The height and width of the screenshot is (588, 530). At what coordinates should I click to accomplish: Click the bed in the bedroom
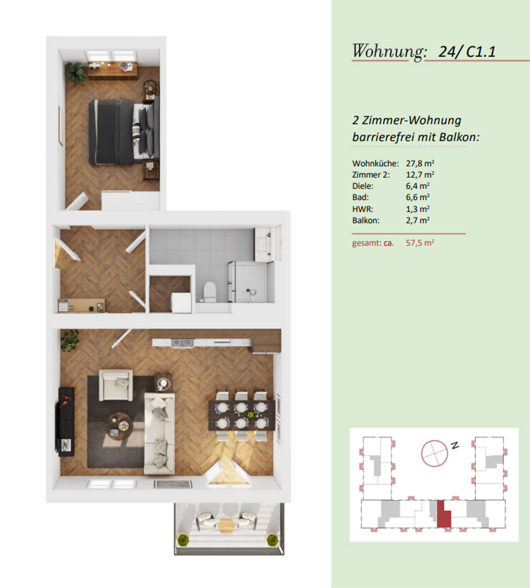pos(124,132)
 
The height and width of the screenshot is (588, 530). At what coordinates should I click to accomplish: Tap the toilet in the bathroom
pos(210,291)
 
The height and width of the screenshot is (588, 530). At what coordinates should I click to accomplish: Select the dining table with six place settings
pos(242,415)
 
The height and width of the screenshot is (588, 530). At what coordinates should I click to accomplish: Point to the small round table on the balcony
pos(227,526)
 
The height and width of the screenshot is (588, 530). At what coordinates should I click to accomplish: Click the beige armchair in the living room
pos(116,385)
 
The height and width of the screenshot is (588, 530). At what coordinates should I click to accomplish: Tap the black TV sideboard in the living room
pos(65,422)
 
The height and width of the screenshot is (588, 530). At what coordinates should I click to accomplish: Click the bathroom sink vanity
pos(268,244)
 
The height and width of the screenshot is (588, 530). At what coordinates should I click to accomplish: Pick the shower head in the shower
pos(252,292)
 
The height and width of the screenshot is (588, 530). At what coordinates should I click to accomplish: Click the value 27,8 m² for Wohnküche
pos(420,163)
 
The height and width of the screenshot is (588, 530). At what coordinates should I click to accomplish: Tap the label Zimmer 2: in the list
pos(371,175)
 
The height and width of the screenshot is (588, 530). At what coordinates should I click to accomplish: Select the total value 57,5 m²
pos(420,243)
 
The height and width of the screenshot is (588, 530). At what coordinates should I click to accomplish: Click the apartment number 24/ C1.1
pos(467,52)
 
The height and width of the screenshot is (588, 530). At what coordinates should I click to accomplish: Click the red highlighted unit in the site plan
pos(443,513)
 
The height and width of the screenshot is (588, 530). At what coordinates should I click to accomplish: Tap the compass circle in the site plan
pos(435,453)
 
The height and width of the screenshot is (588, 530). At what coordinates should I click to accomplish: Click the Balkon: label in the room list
pos(366,220)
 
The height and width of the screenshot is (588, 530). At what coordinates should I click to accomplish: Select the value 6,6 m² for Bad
pos(418,197)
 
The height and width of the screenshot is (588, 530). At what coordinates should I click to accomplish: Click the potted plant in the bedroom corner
pos(76,72)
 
